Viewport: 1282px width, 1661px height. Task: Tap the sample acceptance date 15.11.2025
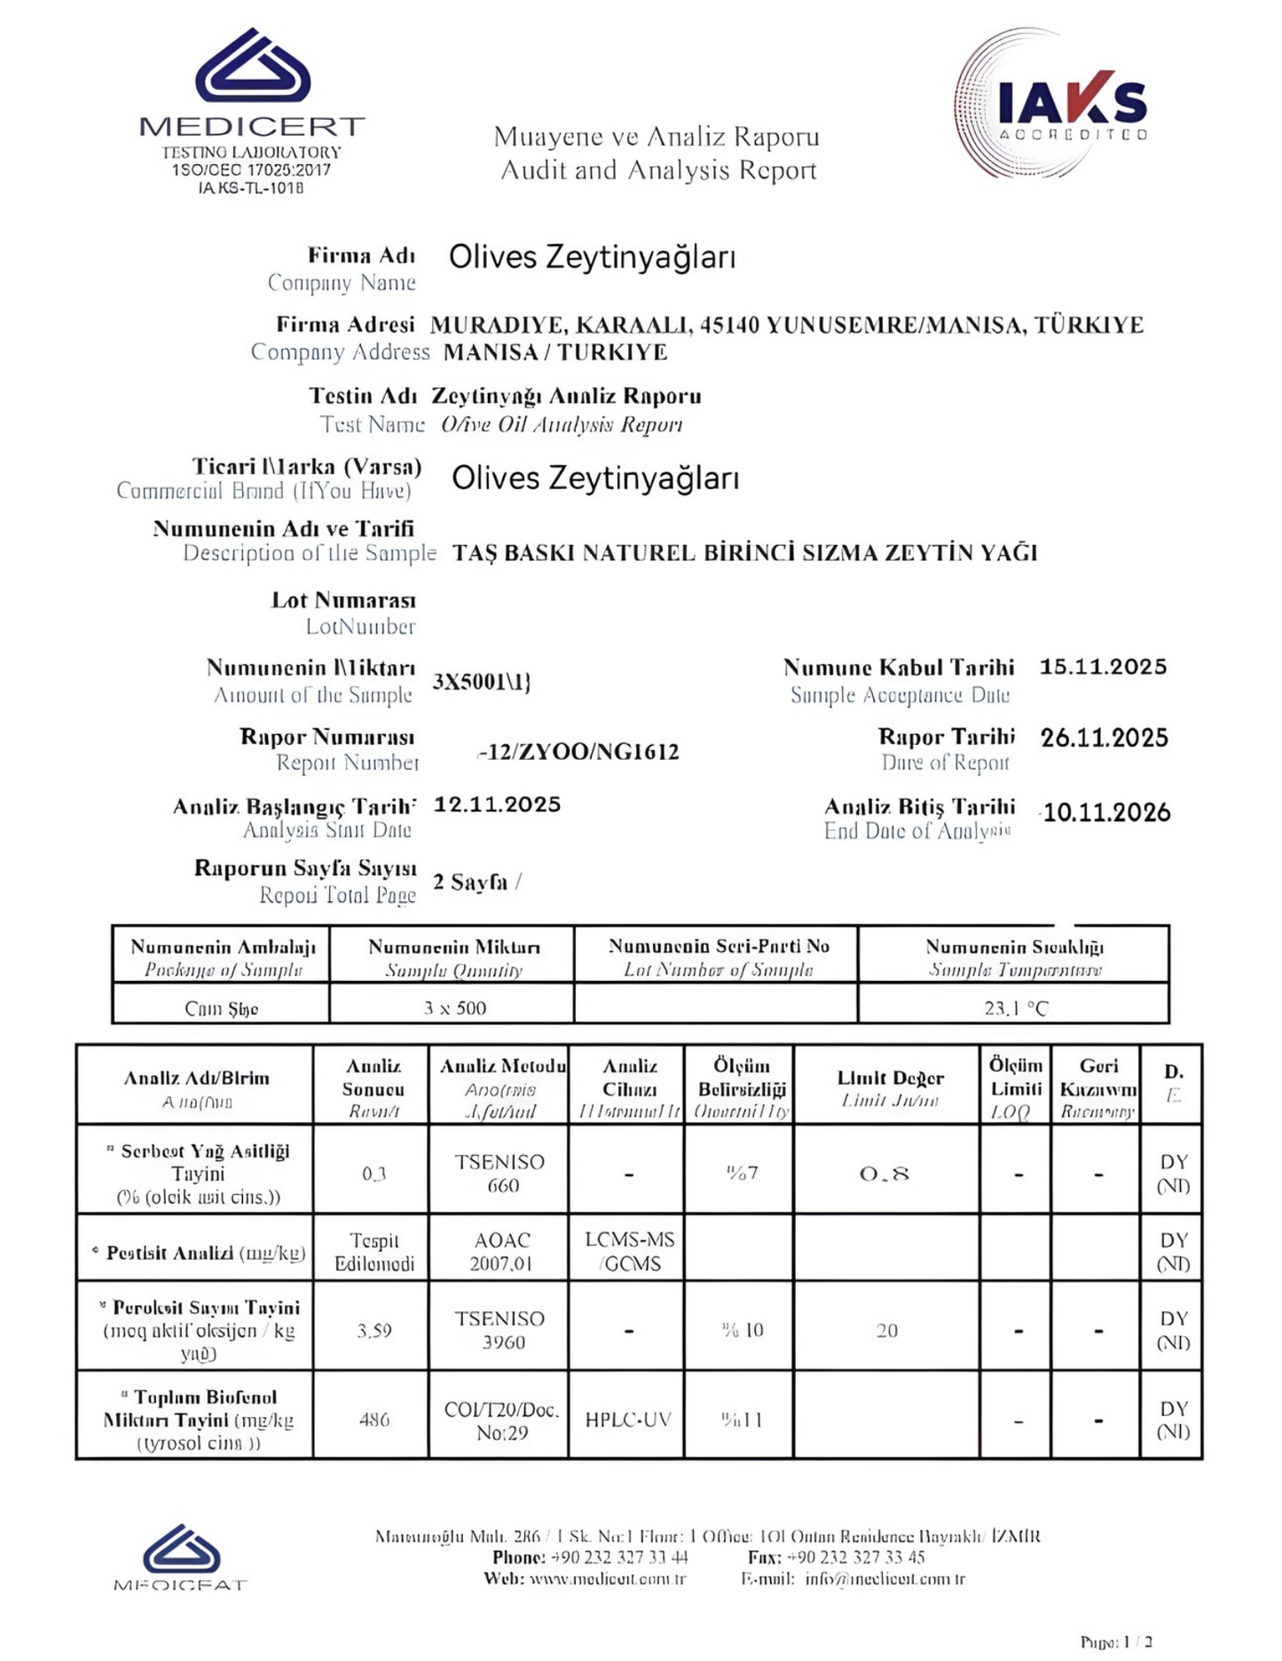tap(1103, 667)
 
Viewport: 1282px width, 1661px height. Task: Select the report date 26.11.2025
tap(1104, 738)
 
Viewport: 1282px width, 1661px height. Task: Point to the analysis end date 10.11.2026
tap(1105, 812)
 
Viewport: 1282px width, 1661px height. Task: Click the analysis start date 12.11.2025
tap(497, 804)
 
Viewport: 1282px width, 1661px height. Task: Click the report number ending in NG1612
tap(578, 752)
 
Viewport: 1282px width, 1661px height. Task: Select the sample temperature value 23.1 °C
tap(1015, 1008)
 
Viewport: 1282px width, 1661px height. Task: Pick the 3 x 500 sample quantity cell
tap(454, 1008)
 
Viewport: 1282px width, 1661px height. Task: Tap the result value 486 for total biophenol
tap(374, 1420)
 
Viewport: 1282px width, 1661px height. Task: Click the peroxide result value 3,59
tap(374, 1330)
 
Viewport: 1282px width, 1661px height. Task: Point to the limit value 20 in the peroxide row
tap(886, 1330)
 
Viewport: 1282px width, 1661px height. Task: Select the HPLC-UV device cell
tap(627, 1420)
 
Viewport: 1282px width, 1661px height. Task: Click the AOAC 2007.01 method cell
tap(501, 1252)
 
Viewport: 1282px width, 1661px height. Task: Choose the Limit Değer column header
tap(890, 1078)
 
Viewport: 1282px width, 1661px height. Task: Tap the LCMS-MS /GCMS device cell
tap(629, 1251)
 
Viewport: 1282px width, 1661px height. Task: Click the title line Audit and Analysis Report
tap(658, 170)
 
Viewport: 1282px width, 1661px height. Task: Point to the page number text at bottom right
tap(1116, 1641)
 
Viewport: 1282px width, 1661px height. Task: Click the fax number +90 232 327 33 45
tap(855, 1557)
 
